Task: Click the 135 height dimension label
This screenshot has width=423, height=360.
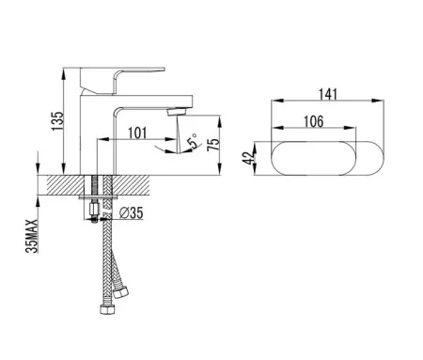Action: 57,121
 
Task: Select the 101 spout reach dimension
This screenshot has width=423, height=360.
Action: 137,133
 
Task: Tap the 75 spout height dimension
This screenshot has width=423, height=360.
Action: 213,144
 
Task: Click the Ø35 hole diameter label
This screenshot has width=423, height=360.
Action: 132,213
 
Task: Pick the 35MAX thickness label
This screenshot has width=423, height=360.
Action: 32,236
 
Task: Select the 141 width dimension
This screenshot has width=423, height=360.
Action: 328,94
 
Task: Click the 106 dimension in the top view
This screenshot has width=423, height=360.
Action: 314,121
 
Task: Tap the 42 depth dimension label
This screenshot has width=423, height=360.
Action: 248,159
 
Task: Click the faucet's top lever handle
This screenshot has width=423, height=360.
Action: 122,80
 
